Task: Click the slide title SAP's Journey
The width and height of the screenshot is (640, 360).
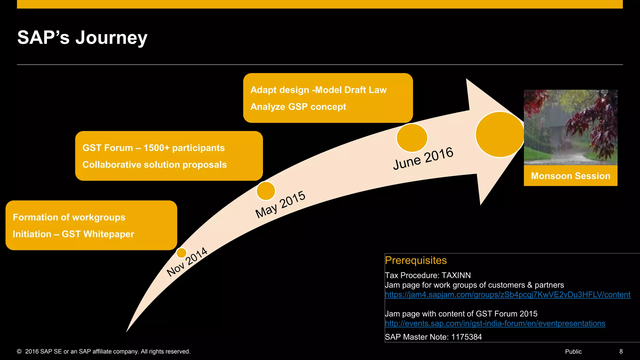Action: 82,37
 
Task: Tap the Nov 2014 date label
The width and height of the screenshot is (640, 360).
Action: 187,262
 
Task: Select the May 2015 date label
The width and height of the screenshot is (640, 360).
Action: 280,204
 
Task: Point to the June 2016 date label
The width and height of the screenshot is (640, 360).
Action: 423,158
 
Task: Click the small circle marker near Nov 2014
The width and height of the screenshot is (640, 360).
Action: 181,253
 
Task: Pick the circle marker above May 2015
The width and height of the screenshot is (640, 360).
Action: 266,191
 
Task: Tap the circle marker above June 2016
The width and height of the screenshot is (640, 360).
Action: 412,138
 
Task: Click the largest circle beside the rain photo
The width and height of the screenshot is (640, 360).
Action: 500,134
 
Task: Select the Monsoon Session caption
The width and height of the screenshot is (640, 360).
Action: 570,176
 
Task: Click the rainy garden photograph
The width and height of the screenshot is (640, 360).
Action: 570,127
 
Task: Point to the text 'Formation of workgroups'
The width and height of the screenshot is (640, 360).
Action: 69,217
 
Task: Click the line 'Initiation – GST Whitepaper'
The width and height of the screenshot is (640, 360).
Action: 73,234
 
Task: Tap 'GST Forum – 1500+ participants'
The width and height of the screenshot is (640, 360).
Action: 153,148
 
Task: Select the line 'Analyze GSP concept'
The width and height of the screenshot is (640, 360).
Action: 298,107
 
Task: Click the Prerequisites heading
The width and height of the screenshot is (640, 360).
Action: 416,260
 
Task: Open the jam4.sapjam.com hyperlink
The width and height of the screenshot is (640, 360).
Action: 507,295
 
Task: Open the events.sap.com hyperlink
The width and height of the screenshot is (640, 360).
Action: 495,323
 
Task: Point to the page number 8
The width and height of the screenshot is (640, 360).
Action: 621,352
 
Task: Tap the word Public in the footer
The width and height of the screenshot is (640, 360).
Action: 573,352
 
